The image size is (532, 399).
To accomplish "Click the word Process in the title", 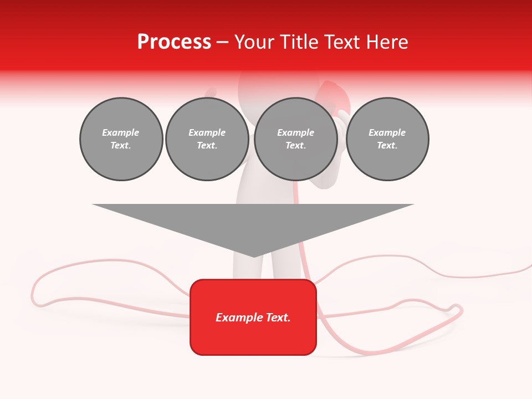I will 174,42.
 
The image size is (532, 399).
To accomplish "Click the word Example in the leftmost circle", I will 121,132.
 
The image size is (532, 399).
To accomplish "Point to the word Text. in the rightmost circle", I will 387,145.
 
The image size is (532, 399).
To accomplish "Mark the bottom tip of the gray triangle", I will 254,256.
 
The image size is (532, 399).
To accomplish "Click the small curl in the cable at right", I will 456,308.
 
